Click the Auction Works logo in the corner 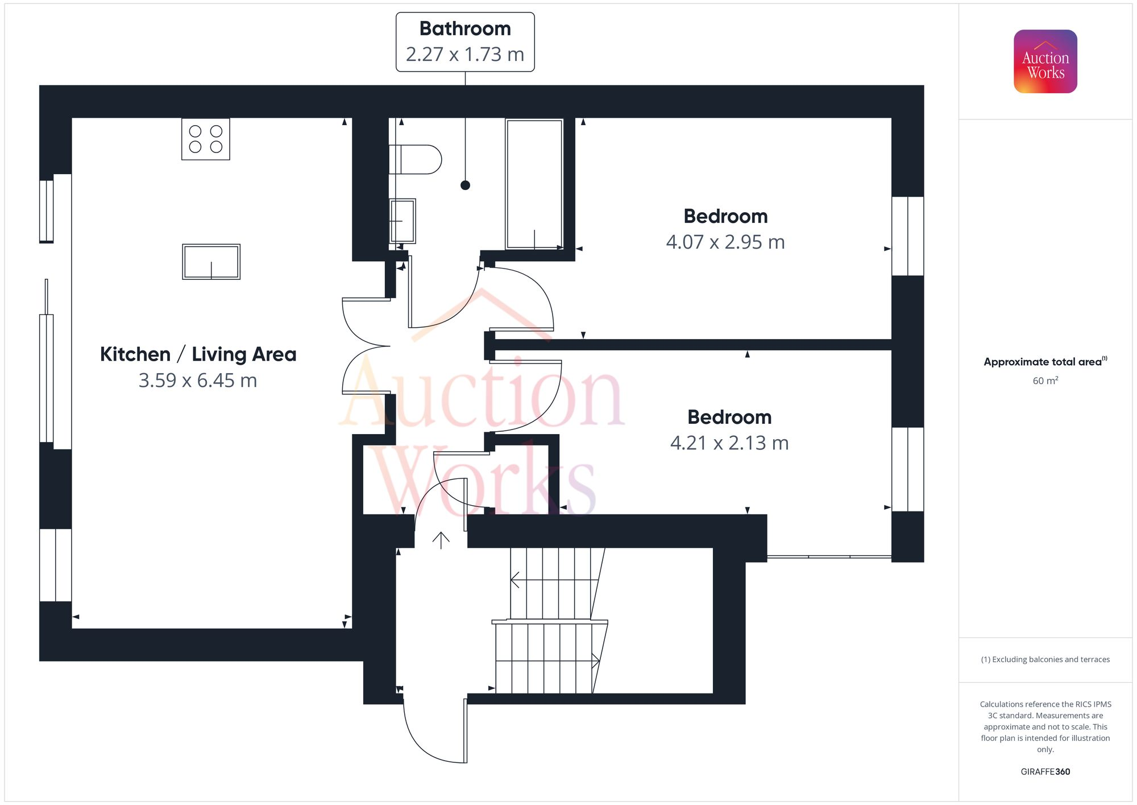[1045, 61]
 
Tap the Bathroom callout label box [465, 42]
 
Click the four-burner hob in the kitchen [205, 139]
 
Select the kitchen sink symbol [211, 262]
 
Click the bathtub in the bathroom [534, 184]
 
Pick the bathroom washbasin [403, 221]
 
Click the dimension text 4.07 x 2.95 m [725, 242]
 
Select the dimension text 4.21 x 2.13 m [729, 443]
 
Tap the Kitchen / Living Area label [198, 354]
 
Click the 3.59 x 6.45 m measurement [198, 381]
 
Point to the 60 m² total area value [1045, 381]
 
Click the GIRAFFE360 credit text [1045, 771]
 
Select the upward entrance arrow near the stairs [441, 540]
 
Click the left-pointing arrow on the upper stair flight [516, 580]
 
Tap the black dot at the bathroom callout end [465, 185]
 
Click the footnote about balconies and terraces [1045, 659]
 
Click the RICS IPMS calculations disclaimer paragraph [1045, 726]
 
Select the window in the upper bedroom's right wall [907, 236]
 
